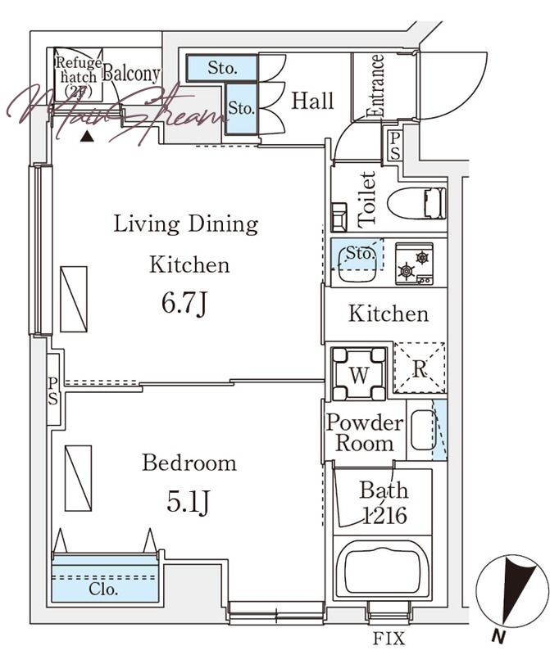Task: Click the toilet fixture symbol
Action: [x=417, y=203]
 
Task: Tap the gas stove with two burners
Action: [x=414, y=264]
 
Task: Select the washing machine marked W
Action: [x=358, y=374]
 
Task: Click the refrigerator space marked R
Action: [x=420, y=368]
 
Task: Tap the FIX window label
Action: [x=389, y=639]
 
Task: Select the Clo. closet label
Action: [x=103, y=589]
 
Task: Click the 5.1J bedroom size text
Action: [x=188, y=501]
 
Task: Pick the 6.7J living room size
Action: [x=184, y=303]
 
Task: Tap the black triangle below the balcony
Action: [x=87, y=136]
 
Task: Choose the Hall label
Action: [x=312, y=101]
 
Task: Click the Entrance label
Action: [x=375, y=85]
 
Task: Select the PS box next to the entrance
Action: [x=394, y=146]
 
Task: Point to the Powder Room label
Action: [x=365, y=433]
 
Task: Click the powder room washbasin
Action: [x=423, y=431]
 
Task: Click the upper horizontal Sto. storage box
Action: [x=221, y=68]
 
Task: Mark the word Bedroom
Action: [x=189, y=463]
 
